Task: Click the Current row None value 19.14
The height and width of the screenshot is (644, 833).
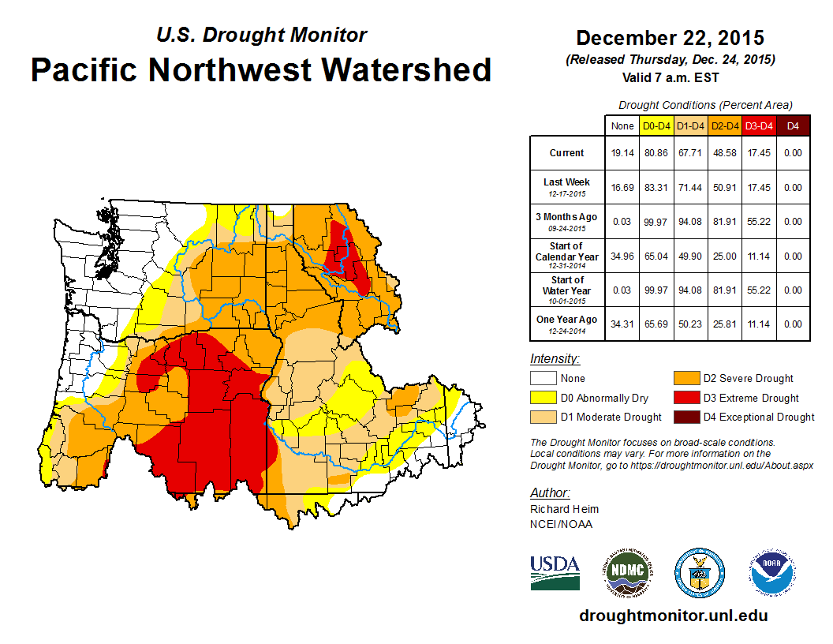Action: point(622,153)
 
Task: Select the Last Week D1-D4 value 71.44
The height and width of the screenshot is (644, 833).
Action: point(691,188)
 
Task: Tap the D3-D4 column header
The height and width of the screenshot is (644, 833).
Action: point(759,125)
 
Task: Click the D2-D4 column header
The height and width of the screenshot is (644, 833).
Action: point(725,125)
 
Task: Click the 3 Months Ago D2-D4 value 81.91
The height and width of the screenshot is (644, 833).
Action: point(725,222)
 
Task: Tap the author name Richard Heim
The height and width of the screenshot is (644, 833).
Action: point(564,509)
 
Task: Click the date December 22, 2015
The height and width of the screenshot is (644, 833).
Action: point(670,38)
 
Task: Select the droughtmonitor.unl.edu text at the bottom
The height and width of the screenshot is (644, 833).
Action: point(673,616)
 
